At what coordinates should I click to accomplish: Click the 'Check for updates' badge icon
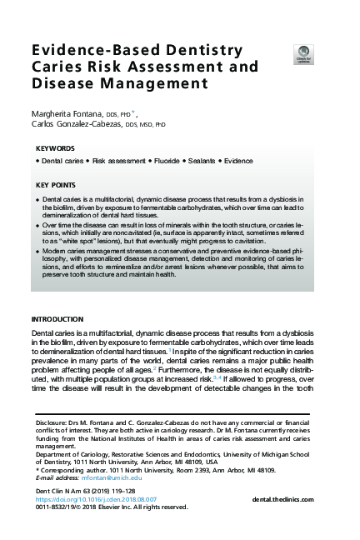pos(303,55)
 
